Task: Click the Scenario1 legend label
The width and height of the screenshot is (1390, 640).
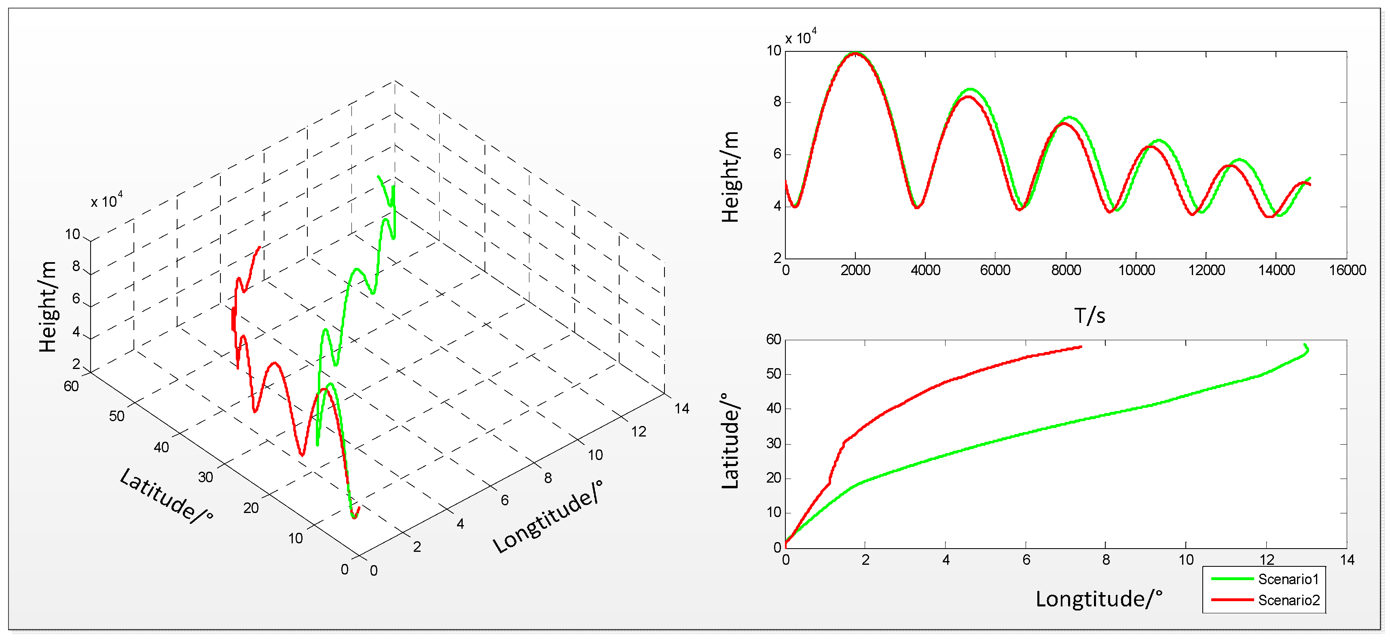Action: [1288, 579]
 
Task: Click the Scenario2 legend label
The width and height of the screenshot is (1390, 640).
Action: [1288, 600]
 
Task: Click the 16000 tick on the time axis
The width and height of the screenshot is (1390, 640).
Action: [1347, 270]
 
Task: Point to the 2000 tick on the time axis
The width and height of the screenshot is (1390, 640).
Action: [855, 270]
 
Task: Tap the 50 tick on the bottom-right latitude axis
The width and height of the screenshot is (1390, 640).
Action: [773, 374]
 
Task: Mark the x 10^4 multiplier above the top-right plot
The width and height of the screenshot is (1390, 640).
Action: [801, 38]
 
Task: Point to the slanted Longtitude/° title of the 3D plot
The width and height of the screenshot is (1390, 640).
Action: [547, 517]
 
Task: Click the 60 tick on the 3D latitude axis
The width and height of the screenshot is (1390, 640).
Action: [71, 386]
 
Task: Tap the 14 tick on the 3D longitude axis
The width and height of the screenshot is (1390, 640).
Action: [681, 409]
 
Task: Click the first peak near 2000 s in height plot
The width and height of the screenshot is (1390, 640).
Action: [856, 53]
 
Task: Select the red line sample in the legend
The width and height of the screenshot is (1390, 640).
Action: [1232, 600]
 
